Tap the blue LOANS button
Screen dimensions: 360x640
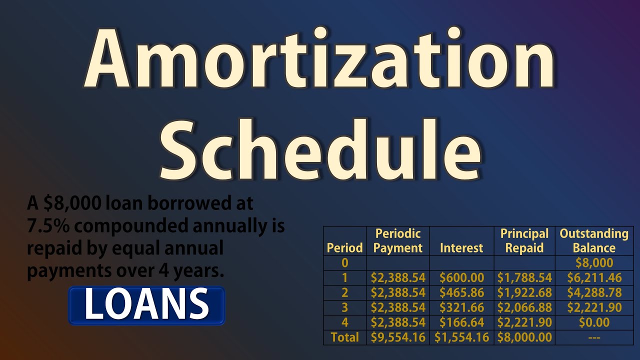[146, 304]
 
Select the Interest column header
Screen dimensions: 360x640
[461, 248]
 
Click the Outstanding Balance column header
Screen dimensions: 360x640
[593, 240]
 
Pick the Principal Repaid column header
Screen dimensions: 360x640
[524, 240]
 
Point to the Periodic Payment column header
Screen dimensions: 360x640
[398, 240]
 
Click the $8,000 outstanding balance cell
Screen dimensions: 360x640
[594, 263]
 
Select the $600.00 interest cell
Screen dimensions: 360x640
[461, 278]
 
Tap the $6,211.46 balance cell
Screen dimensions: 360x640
[594, 278]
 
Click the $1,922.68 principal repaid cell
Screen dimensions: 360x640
[524, 293]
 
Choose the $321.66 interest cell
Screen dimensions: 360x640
[461, 307]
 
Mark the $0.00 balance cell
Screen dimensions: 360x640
[594, 322]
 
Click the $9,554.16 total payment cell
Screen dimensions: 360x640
[398, 337]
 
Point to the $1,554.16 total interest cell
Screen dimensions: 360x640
[461, 337]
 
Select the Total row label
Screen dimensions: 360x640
[345, 337]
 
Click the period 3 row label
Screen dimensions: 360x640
[345, 307]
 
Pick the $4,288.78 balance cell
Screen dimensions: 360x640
[594, 293]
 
